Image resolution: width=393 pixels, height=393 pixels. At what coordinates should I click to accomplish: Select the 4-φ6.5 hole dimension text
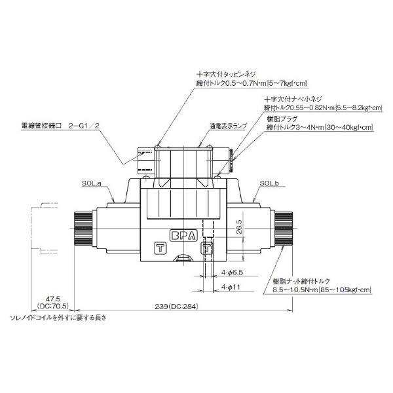point(232,270)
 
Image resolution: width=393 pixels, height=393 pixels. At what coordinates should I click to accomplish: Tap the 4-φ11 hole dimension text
point(230,287)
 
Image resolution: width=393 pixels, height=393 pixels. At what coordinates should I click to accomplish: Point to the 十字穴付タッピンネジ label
point(229,75)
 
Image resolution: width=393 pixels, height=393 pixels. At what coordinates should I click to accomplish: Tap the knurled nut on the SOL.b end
point(282,227)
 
